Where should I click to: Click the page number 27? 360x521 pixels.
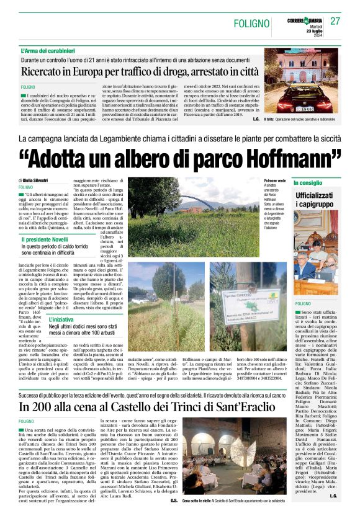click(336, 20)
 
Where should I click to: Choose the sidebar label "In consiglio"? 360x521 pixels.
click(308, 184)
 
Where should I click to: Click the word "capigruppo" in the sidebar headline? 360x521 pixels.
click(317, 203)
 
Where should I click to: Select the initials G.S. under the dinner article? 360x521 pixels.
click(174, 500)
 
